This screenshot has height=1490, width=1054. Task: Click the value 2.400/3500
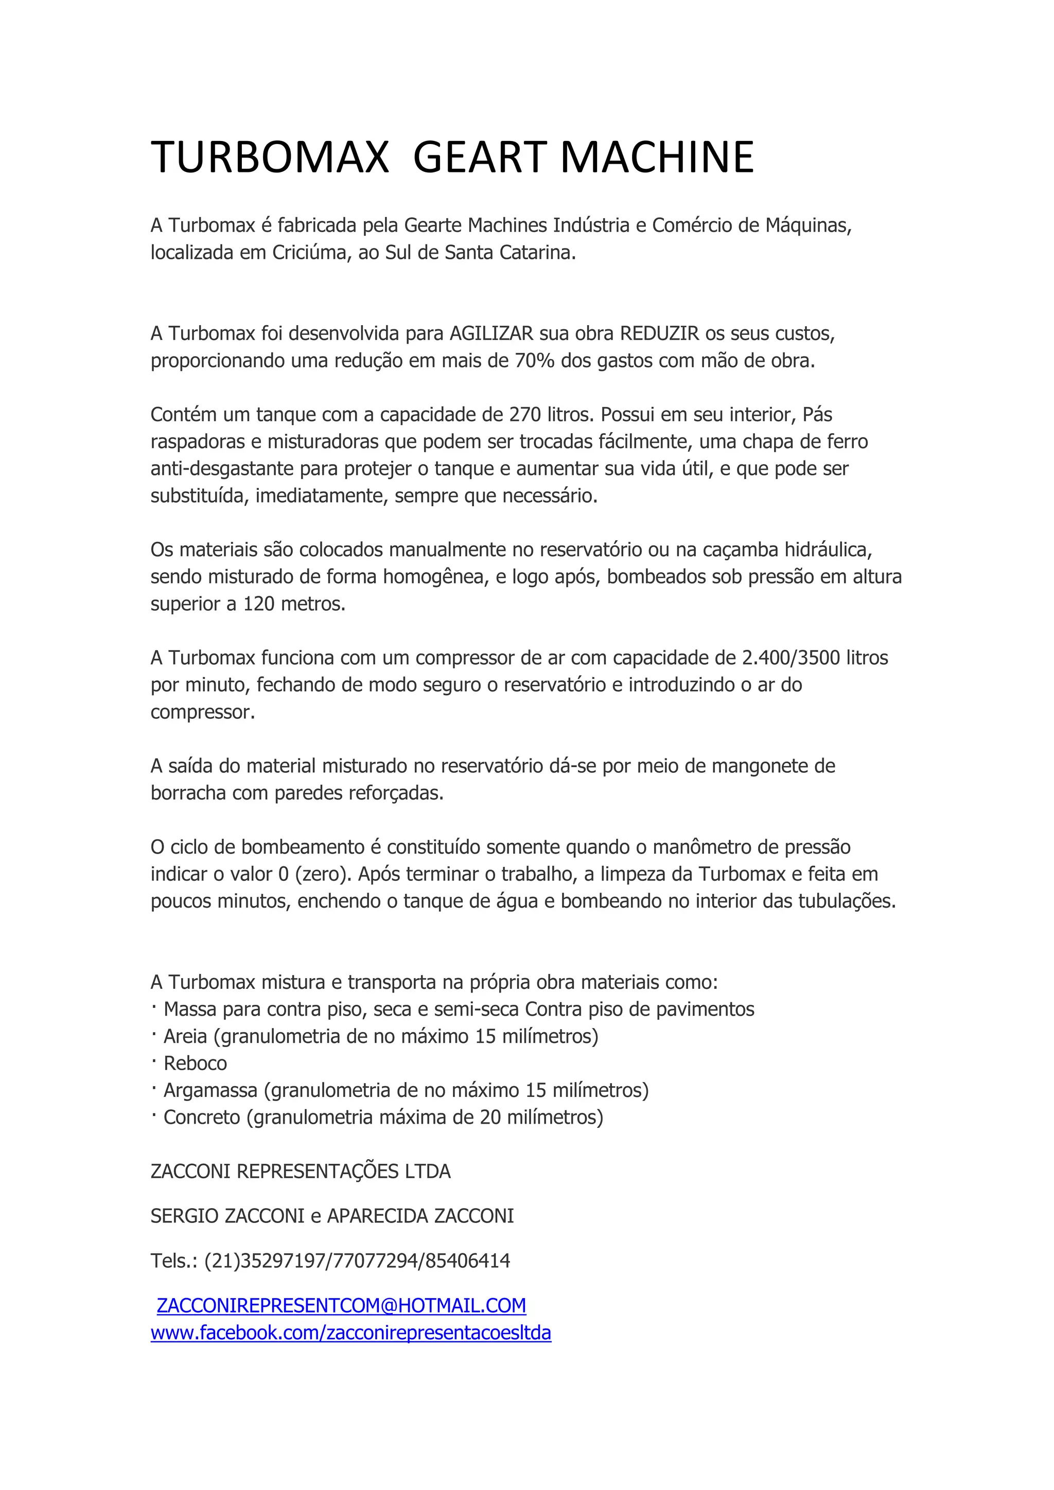(x=791, y=658)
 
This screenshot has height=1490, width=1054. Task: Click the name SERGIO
(x=184, y=1216)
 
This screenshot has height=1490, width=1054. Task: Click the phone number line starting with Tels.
(x=330, y=1261)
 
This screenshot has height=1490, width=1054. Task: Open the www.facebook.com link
(x=350, y=1333)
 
